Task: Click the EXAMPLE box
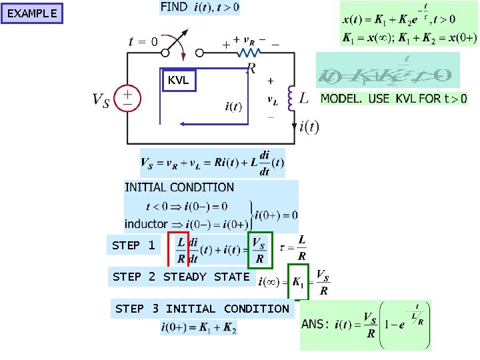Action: [32, 13]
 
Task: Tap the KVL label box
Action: [179, 81]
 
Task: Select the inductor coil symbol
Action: [291, 98]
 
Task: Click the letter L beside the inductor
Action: [304, 99]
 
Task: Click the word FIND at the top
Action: [174, 7]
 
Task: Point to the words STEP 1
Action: [133, 245]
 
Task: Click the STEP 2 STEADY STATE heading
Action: [181, 277]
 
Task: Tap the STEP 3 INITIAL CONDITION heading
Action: [202, 309]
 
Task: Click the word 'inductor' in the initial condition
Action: [146, 224]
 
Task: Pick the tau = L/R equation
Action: [294, 247]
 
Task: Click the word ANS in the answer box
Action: [315, 324]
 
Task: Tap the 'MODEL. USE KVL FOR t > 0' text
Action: [394, 99]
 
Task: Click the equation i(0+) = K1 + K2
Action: [199, 327]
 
